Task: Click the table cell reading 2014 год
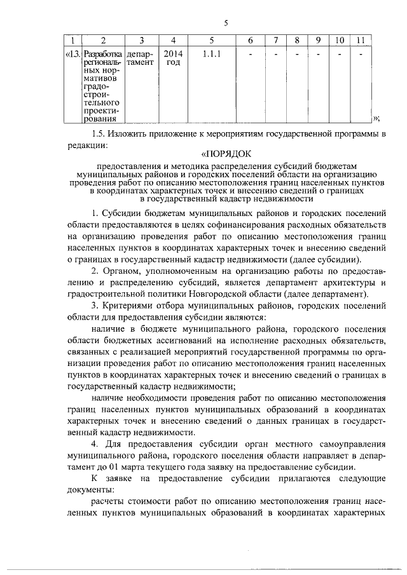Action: pyautogui.click(x=172, y=59)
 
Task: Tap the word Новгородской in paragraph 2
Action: pyautogui.click(x=233, y=295)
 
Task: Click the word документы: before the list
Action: pyautogui.click(x=90, y=490)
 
